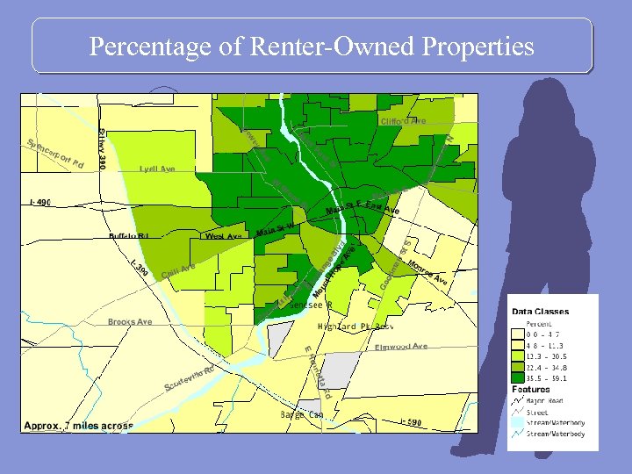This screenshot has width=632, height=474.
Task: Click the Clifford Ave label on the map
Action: [x=402, y=120]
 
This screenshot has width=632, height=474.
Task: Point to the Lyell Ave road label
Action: [x=157, y=169]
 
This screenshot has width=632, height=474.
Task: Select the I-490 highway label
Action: [x=41, y=203]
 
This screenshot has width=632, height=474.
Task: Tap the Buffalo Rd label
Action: [x=129, y=236]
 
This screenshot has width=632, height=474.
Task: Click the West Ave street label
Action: [x=223, y=236]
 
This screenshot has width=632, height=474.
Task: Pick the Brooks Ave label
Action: [x=130, y=322]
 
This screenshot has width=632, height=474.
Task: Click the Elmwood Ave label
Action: [x=401, y=347]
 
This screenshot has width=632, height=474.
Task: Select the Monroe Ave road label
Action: [x=427, y=273]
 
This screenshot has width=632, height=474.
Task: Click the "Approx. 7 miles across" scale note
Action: [x=79, y=426]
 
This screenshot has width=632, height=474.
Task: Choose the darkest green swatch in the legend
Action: [x=519, y=378]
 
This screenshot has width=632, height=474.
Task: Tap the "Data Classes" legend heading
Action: [x=540, y=312]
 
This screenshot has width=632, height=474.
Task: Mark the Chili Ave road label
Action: [x=177, y=269]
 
